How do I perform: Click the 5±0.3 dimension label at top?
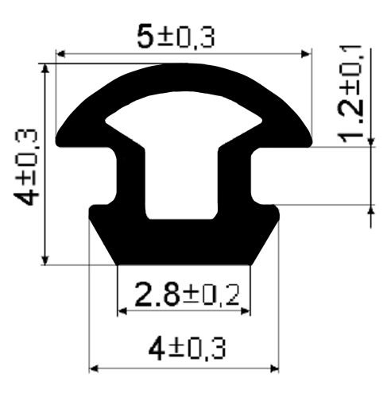[176, 37]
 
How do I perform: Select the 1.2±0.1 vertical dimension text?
[350, 94]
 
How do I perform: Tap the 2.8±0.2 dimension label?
[187, 295]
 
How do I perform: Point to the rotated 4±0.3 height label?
[26, 168]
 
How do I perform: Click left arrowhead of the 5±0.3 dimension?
[61, 54]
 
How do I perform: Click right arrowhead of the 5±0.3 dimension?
[305, 54]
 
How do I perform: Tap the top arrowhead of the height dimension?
[45, 68]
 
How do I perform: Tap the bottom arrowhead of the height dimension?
[45, 260]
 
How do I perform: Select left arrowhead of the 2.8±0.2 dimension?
[122, 311]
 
